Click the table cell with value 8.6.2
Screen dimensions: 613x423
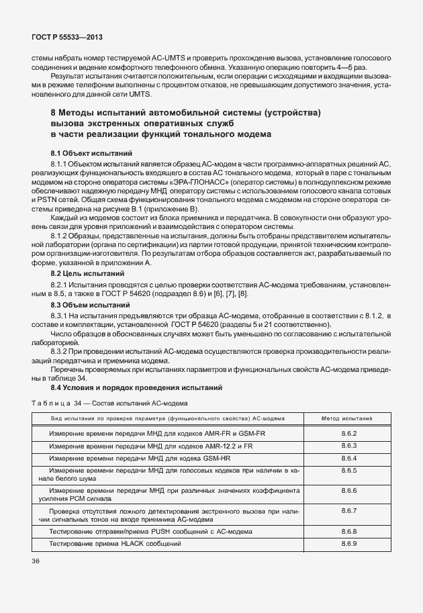pyautogui.click(x=348, y=434)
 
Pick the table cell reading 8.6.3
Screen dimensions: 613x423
pyautogui.click(x=348, y=446)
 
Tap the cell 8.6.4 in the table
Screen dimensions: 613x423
pyautogui.click(x=348, y=458)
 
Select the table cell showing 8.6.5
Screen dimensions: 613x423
pyautogui.click(x=348, y=471)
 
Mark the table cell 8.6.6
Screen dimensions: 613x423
pyautogui.click(x=348, y=491)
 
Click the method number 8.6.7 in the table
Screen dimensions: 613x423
pyautogui.click(x=348, y=511)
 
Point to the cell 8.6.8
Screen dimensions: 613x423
pyautogui.click(x=348, y=531)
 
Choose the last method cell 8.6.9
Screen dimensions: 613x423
pyautogui.click(x=348, y=543)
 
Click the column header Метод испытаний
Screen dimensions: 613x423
pyautogui.click(x=348, y=418)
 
